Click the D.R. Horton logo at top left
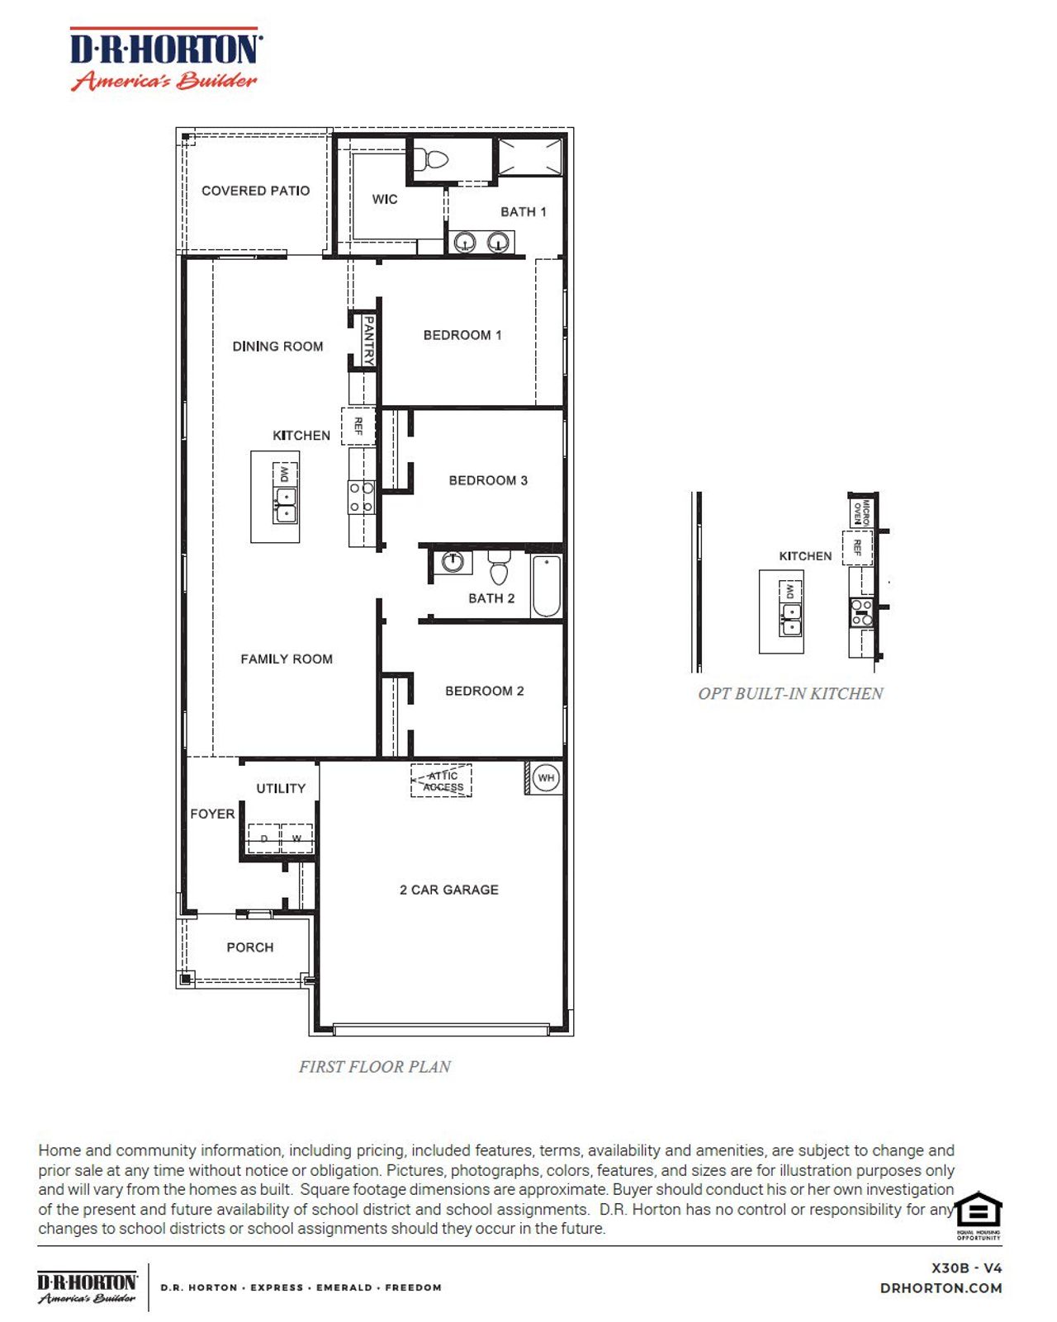(165, 59)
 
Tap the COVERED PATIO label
(255, 191)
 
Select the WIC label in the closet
(385, 200)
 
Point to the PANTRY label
(368, 339)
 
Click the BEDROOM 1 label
(462, 335)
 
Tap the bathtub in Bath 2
(546, 587)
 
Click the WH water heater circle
(546, 777)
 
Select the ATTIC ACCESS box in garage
(442, 781)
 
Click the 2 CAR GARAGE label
(448, 890)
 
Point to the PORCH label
(249, 947)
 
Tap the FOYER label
(212, 814)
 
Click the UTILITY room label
(280, 788)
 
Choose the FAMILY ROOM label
(286, 659)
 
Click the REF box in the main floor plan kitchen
(358, 426)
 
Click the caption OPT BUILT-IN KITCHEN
(790, 693)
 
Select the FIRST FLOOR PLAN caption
(375, 1066)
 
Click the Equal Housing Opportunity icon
(979, 1214)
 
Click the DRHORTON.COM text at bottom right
(941, 1287)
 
